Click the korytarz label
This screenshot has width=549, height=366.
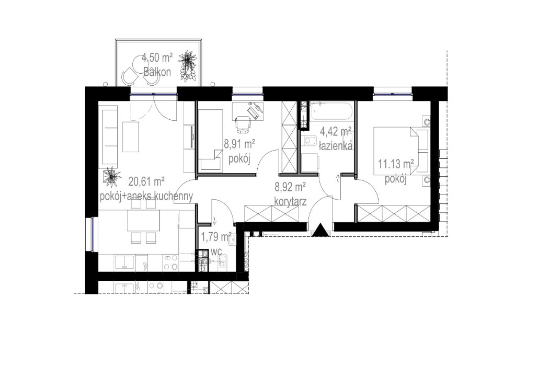click(290, 200)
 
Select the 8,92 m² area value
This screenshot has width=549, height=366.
click(290, 186)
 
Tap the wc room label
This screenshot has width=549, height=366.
click(217, 252)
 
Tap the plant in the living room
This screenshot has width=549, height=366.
click(111, 176)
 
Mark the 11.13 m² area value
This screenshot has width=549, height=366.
click(396, 166)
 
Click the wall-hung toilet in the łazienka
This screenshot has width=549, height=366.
click(308, 140)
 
